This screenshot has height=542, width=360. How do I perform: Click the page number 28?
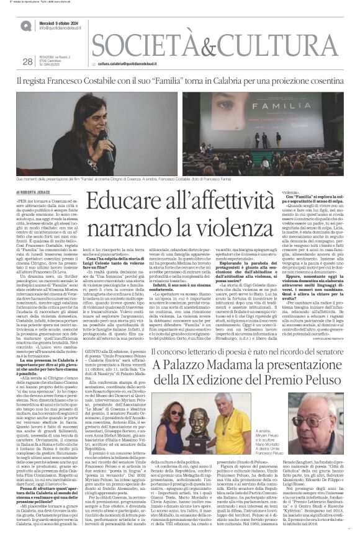point(27,61)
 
